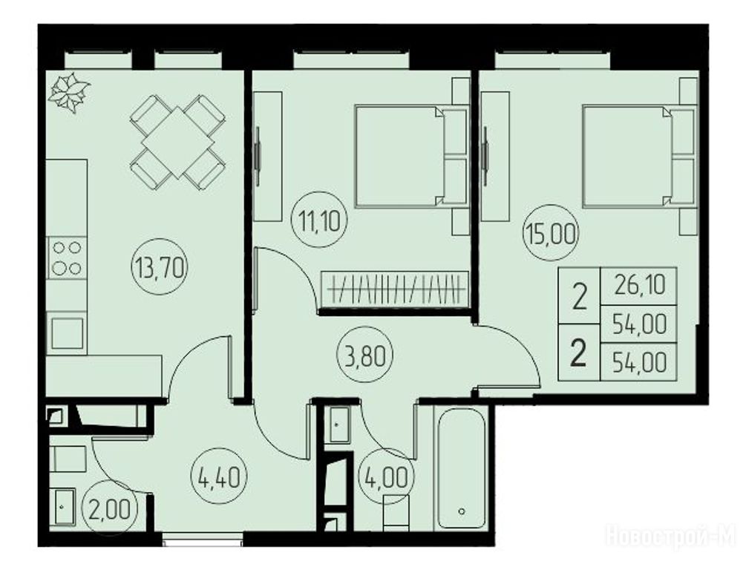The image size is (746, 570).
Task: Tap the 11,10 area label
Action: pos(320,221)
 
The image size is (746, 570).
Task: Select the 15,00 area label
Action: pos(551,234)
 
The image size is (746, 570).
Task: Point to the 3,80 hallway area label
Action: pos(365,357)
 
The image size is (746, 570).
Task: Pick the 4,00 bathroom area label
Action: pos(386,477)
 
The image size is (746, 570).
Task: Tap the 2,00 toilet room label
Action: pos(109,511)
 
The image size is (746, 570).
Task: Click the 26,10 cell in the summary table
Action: pos(639,286)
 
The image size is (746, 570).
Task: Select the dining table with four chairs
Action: pos(177,142)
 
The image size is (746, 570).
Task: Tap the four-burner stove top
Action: pos(67,258)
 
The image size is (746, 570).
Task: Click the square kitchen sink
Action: pos(68,333)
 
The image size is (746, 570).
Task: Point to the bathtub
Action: pos(461,468)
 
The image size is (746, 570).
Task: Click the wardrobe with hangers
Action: pos(395,288)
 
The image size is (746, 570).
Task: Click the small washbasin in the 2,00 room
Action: pos(63,507)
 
